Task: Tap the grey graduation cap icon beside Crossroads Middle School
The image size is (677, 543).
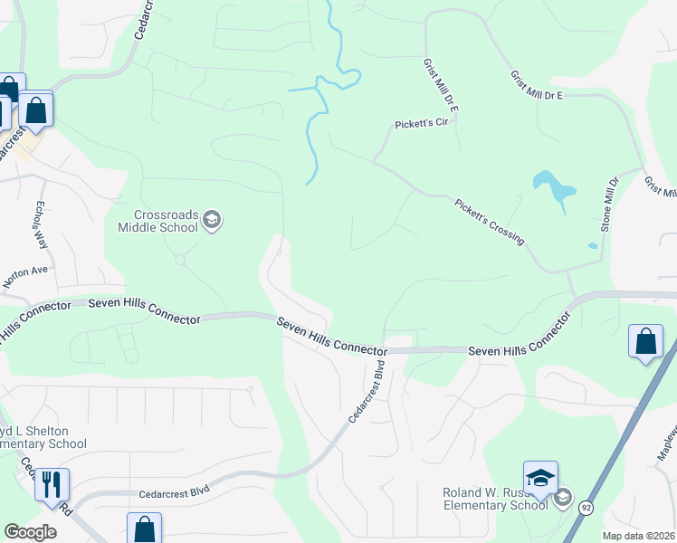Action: [212, 220]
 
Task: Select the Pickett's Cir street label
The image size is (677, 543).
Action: [422, 125]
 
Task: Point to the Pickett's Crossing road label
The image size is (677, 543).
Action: [489, 222]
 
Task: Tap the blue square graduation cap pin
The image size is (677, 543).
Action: [540, 478]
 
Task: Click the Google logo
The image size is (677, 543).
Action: [30, 532]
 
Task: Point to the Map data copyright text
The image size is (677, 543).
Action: [638, 536]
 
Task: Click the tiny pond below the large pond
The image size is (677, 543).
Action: [592, 245]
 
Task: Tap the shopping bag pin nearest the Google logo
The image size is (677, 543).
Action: [144, 529]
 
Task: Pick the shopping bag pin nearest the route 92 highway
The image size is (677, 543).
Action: [645, 342]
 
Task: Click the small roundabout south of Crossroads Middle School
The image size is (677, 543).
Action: [180, 261]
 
